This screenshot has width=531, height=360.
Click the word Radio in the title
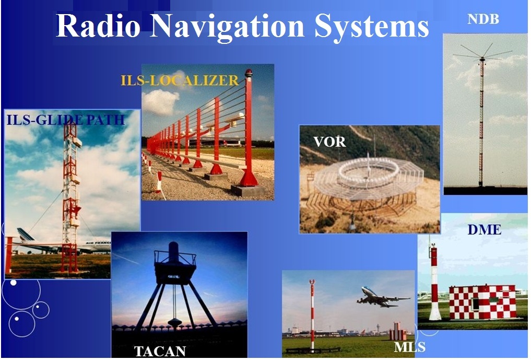(98, 26)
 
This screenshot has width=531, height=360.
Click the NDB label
(483, 19)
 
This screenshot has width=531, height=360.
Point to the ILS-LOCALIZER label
(180, 80)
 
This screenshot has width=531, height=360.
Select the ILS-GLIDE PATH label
(66, 120)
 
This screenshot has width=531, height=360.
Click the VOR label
(329, 142)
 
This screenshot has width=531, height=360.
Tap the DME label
(484, 230)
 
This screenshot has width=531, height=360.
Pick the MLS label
(409, 347)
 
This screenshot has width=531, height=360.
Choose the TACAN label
(160, 351)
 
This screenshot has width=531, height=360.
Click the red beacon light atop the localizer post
(249, 73)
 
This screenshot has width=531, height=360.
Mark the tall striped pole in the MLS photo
(312, 315)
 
